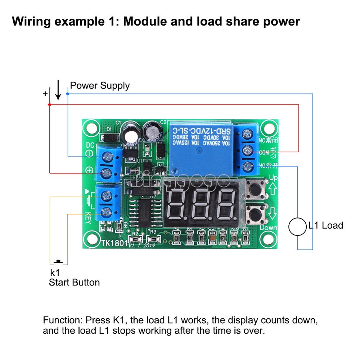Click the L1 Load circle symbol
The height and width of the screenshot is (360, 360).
point(298,226)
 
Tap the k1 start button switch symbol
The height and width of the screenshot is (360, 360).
point(58,262)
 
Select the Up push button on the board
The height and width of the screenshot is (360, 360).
point(256,188)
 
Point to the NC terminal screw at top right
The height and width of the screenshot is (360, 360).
point(247,134)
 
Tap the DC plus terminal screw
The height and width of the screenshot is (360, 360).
point(107,173)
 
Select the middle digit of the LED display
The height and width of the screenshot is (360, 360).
point(200,204)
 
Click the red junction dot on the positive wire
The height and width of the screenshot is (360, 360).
point(49,105)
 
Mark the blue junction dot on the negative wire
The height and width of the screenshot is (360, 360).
point(68,94)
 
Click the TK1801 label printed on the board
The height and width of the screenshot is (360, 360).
point(114,243)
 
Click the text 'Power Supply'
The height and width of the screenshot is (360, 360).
point(100,86)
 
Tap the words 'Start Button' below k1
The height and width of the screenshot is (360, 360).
point(74,282)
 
